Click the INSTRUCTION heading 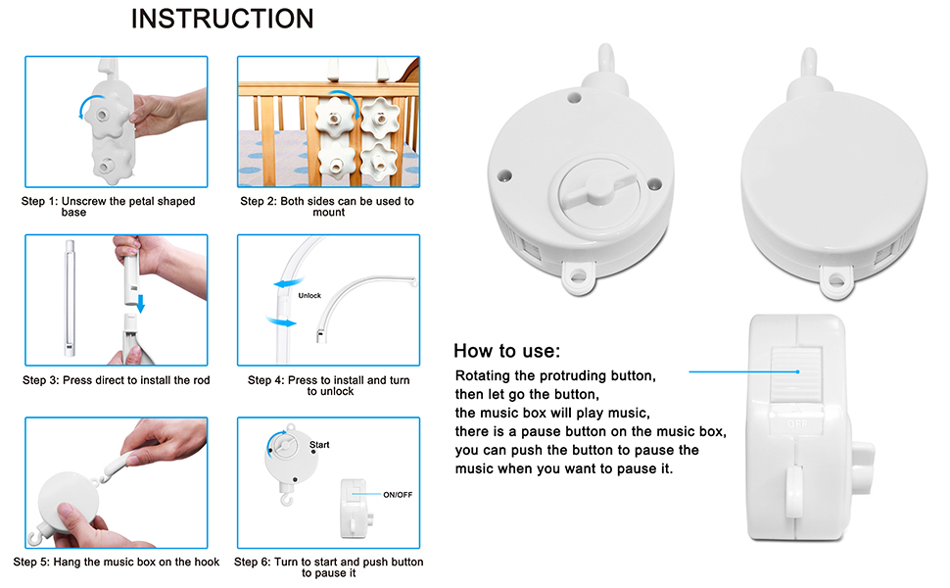click(222, 19)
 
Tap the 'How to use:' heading click(506, 351)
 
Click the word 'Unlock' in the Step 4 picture click(309, 295)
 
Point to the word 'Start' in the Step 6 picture click(319, 445)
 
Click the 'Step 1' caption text click(108, 206)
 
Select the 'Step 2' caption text click(327, 206)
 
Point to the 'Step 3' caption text click(116, 380)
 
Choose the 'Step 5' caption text click(116, 563)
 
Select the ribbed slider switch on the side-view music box click(800, 373)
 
